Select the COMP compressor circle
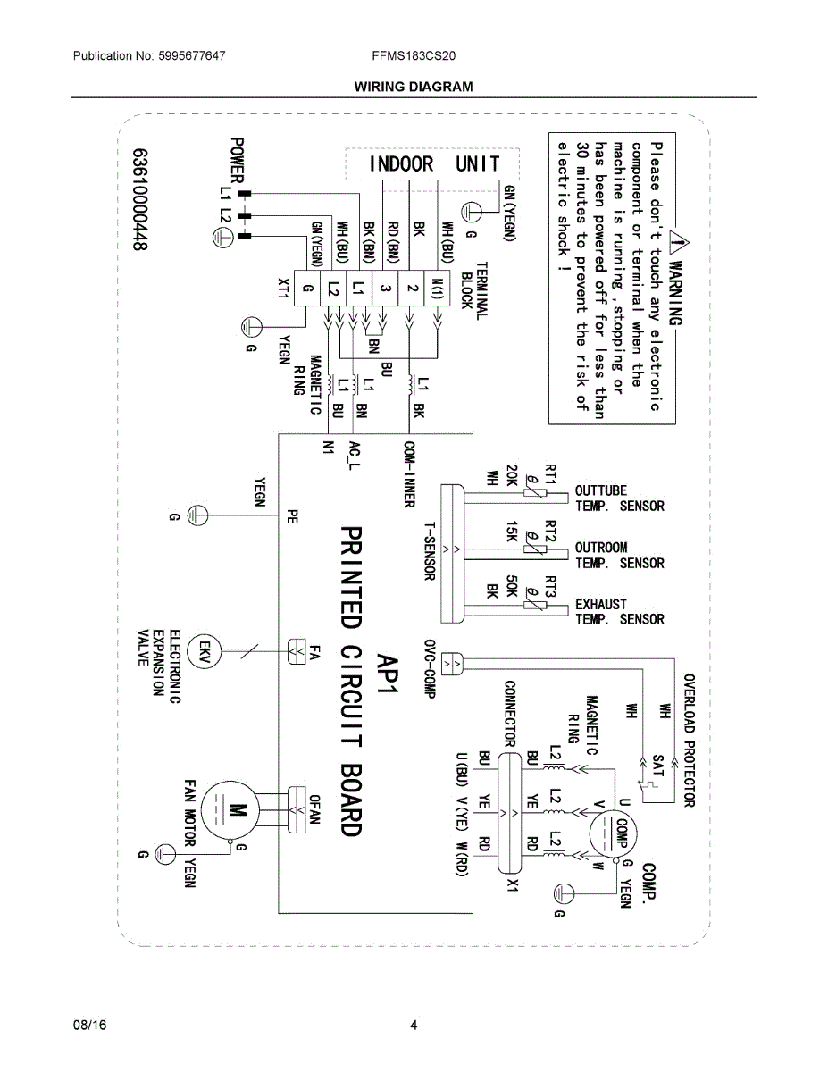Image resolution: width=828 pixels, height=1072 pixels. [x=613, y=834]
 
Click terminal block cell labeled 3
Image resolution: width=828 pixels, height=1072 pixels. [x=385, y=289]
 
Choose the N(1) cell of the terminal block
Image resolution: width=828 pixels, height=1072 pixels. [x=438, y=289]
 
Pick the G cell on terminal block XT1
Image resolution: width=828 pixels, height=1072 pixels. [x=306, y=289]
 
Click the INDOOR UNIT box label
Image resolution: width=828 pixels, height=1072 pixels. [x=434, y=163]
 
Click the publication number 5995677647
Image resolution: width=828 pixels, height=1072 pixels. [x=192, y=55]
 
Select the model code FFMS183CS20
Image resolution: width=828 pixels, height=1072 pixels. [x=414, y=55]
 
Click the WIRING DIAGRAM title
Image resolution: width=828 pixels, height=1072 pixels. [x=414, y=87]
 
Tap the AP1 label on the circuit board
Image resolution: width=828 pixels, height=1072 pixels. [x=388, y=673]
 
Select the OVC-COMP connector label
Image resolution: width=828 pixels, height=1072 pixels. [x=430, y=669]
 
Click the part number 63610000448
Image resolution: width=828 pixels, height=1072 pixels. [x=140, y=199]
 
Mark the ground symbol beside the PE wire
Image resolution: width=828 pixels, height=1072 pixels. [x=197, y=516]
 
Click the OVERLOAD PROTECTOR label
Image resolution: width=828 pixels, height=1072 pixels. [x=689, y=741]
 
